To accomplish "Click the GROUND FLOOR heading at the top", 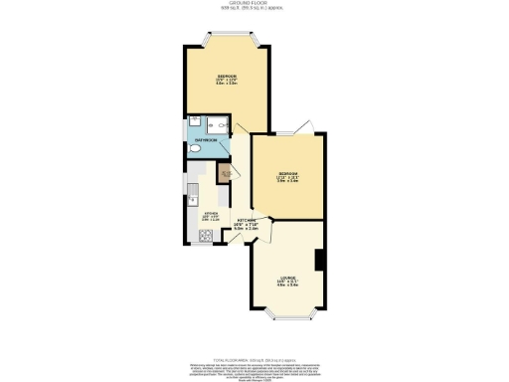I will click(x=254, y=4).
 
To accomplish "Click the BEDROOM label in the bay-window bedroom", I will click(x=226, y=77).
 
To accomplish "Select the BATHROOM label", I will click(x=207, y=140).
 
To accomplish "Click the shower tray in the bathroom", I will click(x=217, y=123).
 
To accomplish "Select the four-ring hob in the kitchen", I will click(x=206, y=236).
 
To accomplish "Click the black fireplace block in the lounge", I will click(x=318, y=260).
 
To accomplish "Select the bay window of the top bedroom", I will click(x=226, y=40).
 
